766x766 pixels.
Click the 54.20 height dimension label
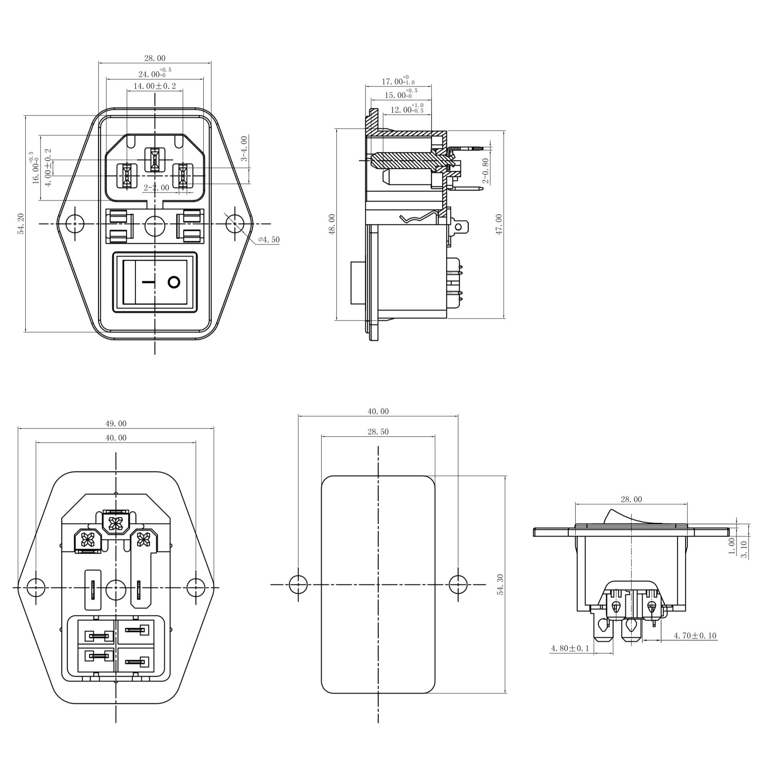tap(21, 224)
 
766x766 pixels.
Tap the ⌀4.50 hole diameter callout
tap(269, 240)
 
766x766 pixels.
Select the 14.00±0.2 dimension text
tap(155, 86)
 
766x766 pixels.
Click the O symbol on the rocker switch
tap(174, 283)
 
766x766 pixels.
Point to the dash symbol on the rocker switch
tap(147, 283)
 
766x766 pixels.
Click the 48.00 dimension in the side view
tap(332, 224)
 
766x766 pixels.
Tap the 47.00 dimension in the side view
tap(499, 224)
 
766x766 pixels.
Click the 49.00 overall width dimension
tap(116, 424)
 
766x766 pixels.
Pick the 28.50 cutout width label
tap(378, 432)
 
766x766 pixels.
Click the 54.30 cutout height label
tap(500, 584)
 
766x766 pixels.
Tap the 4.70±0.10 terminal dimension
tap(695, 635)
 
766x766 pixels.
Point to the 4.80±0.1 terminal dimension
tap(570, 648)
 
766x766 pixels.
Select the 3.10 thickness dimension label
tap(744, 550)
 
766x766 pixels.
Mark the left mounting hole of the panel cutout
tap(298, 584)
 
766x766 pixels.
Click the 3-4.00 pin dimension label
tap(244, 148)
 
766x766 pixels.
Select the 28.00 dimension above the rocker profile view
tap(631, 499)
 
